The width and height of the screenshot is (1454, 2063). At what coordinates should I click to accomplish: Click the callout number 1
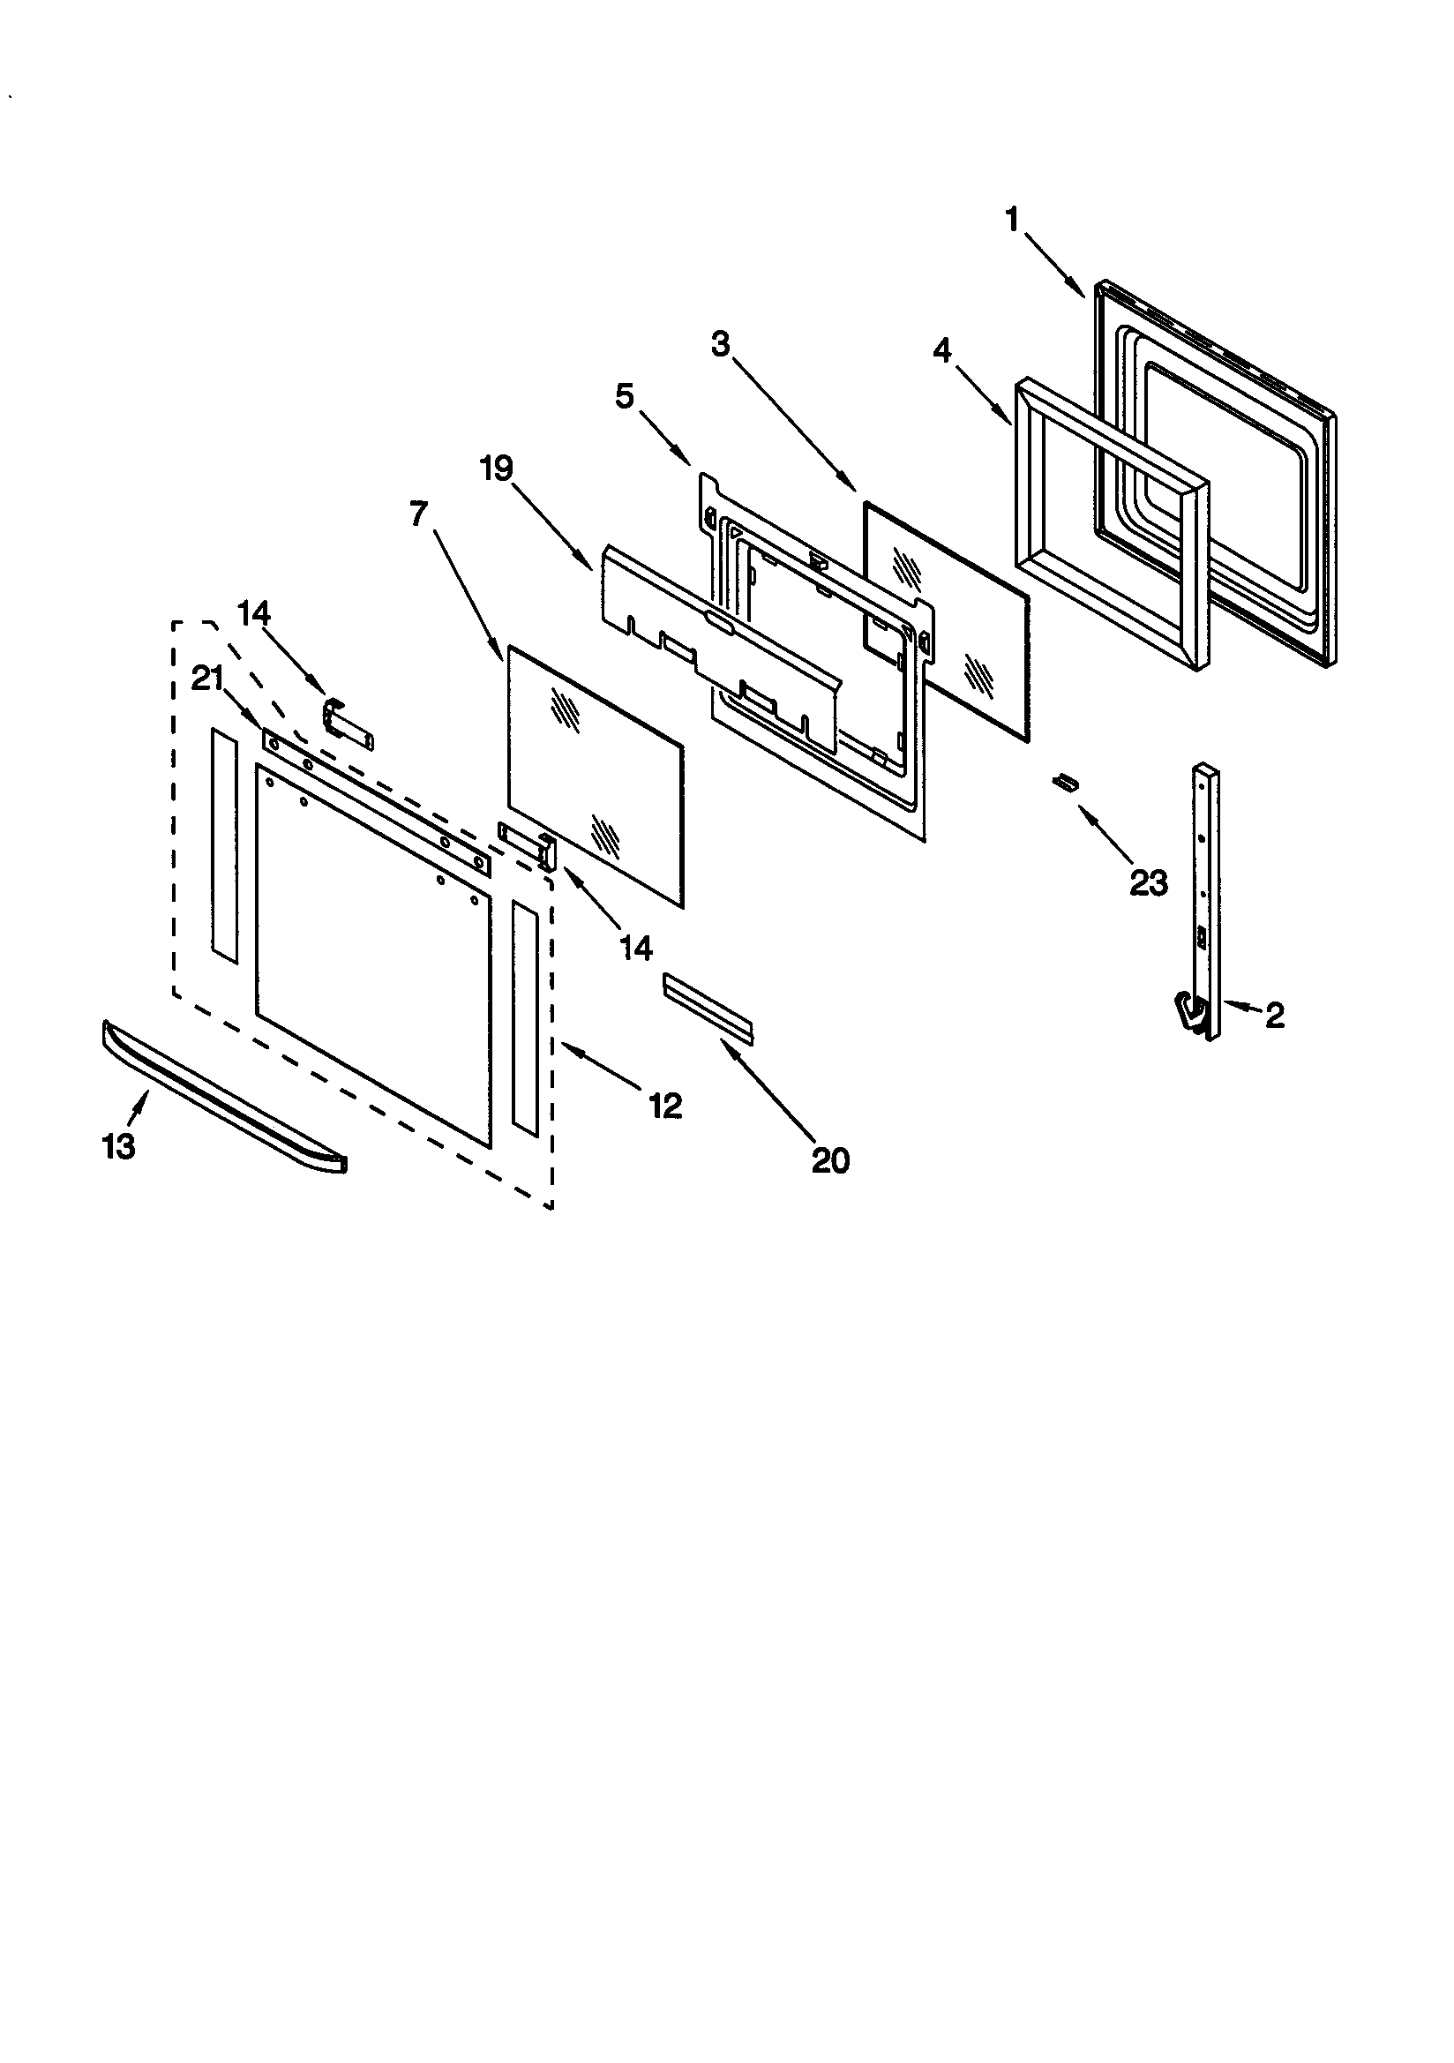(1013, 219)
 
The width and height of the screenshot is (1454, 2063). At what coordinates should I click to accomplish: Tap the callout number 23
(1148, 883)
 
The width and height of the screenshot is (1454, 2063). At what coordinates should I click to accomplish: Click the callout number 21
(207, 679)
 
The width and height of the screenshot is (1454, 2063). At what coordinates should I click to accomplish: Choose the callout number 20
(829, 1161)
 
